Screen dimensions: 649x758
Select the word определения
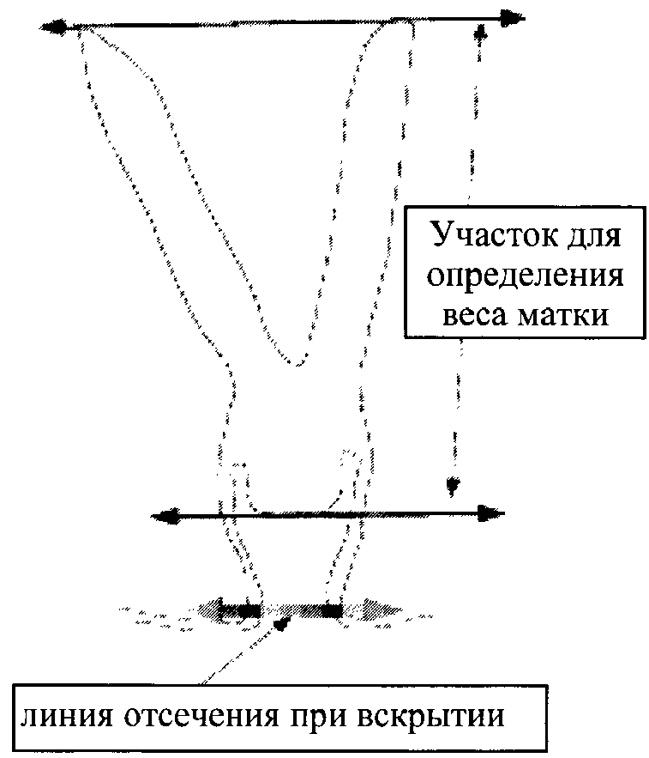(525, 276)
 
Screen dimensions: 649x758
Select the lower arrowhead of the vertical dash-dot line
(452, 487)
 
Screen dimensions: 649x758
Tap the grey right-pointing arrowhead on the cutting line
(377, 610)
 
